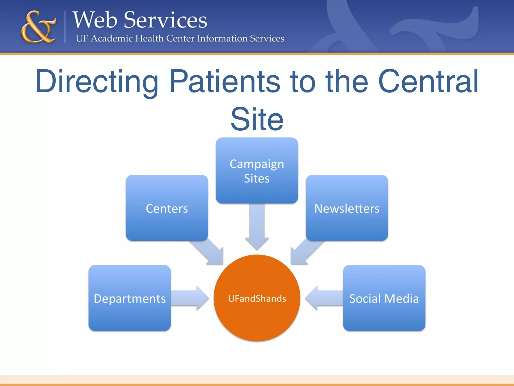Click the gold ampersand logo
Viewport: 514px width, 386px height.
click(x=38, y=27)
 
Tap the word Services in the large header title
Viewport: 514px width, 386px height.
click(x=165, y=20)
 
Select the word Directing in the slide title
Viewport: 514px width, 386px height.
click(x=97, y=82)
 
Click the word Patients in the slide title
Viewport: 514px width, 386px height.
click(x=225, y=82)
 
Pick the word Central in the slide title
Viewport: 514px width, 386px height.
click(x=428, y=82)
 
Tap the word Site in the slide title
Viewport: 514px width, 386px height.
click(x=257, y=119)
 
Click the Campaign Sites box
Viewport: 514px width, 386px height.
click(x=257, y=170)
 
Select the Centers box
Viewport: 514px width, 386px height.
click(x=167, y=208)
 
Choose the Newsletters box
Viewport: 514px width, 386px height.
click(x=347, y=208)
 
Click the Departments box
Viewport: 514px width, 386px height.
click(x=130, y=298)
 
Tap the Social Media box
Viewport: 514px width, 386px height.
click(x=384, y=298)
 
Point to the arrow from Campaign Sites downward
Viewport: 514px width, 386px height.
click(x=257, y=226)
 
